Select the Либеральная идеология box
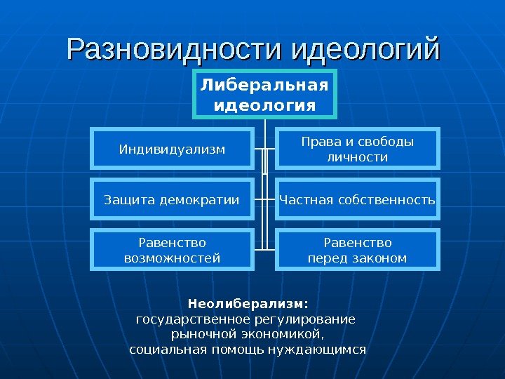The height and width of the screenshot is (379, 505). [264, 95]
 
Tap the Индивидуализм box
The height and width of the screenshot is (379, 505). [172, 149]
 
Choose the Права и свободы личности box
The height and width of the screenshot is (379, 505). [357, 149]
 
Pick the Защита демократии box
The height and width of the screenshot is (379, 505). [172, 201]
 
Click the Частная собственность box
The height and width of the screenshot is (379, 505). [357, 201]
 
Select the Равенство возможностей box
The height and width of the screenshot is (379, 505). [172, 250]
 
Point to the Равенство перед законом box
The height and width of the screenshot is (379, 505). [357, 250]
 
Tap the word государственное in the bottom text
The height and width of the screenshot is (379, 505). [187, 319]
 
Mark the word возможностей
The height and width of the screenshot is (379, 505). [172, 258]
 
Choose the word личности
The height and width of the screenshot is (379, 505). [357, 157]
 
